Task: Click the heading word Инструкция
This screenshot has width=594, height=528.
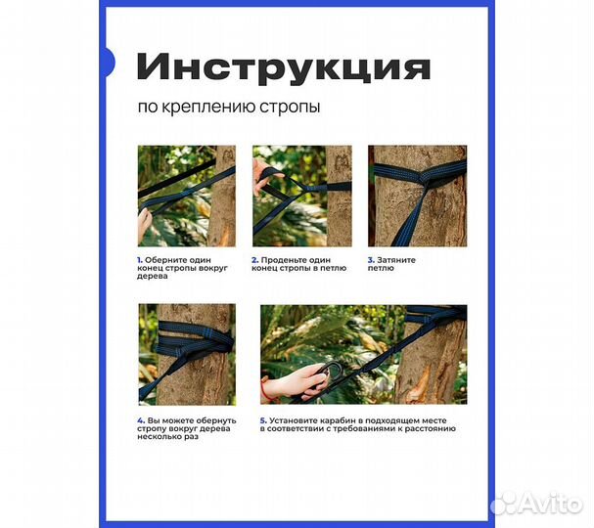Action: pos(283,68)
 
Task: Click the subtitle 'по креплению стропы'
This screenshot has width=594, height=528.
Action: pos(227,107)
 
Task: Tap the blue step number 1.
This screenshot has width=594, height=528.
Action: pos(140,260)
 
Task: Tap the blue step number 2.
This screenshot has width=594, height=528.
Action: pos(254,260)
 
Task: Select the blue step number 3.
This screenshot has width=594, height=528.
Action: pos(371,260)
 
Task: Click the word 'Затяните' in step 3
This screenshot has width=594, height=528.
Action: pos(396,260)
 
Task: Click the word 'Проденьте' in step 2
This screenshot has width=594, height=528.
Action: pos(284,260)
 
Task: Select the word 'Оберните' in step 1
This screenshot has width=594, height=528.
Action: pos(167,260)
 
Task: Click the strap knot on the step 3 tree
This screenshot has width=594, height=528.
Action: pos(422,177)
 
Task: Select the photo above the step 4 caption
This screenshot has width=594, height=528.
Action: pos(186,354)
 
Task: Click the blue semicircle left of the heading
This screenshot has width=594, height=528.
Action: pos(107,63)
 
